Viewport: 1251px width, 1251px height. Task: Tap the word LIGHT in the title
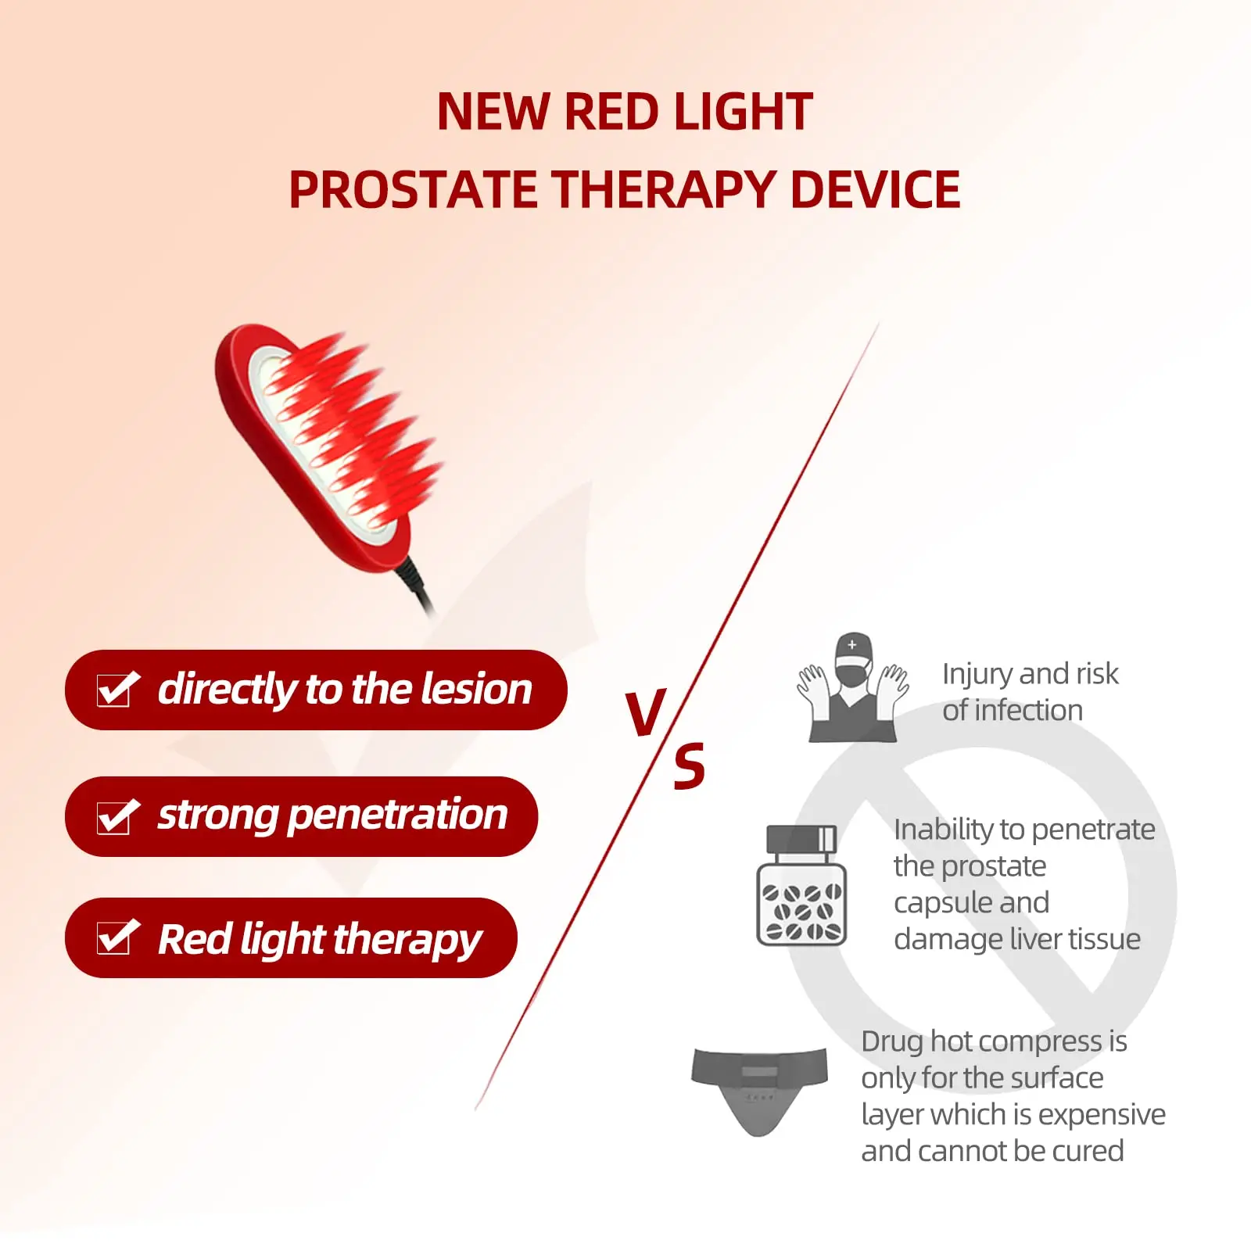tap(743, 112)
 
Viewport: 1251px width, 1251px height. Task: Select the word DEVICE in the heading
tap(875, 190)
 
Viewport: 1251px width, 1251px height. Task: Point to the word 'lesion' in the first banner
tap(476, 689)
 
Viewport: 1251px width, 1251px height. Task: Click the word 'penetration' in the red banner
tap(398, 815)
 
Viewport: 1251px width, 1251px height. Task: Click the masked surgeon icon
tap(852, 687)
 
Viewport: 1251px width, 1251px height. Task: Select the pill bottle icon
tap(801, 885)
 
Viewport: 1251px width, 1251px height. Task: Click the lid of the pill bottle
tap(801, 839)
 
